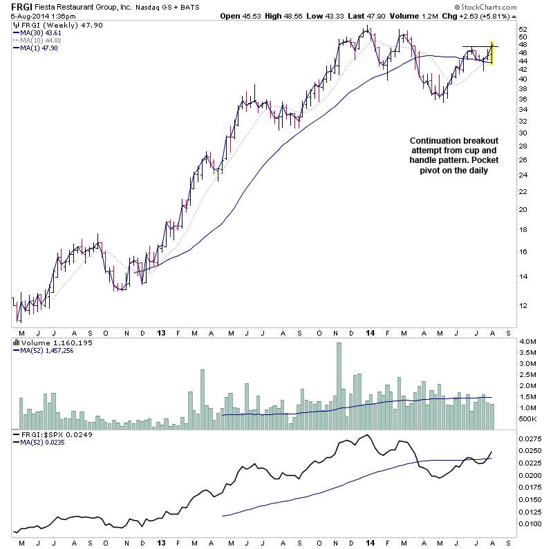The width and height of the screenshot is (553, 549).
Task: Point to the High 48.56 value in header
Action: coord(283,16)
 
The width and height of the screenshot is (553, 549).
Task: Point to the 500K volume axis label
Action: coord(528,418)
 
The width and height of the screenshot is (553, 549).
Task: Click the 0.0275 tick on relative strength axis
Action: coord(531,438)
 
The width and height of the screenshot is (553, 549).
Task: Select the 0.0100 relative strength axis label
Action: coord(531,523)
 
